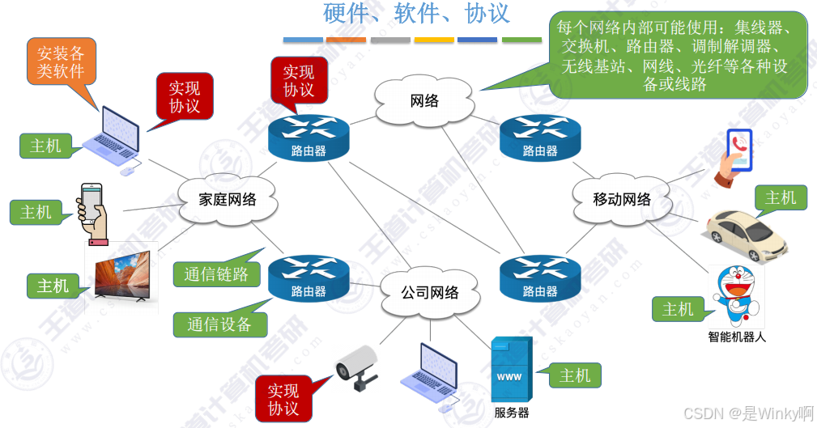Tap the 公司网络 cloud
point(429,292)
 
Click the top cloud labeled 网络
point(424,101)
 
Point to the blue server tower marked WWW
point(511,370)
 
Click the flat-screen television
point(122,279)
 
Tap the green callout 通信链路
point(215,274)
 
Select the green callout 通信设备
point(219,324)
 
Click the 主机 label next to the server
point(575,375)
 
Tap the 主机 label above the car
point(781,197)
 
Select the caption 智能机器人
point(737,337)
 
